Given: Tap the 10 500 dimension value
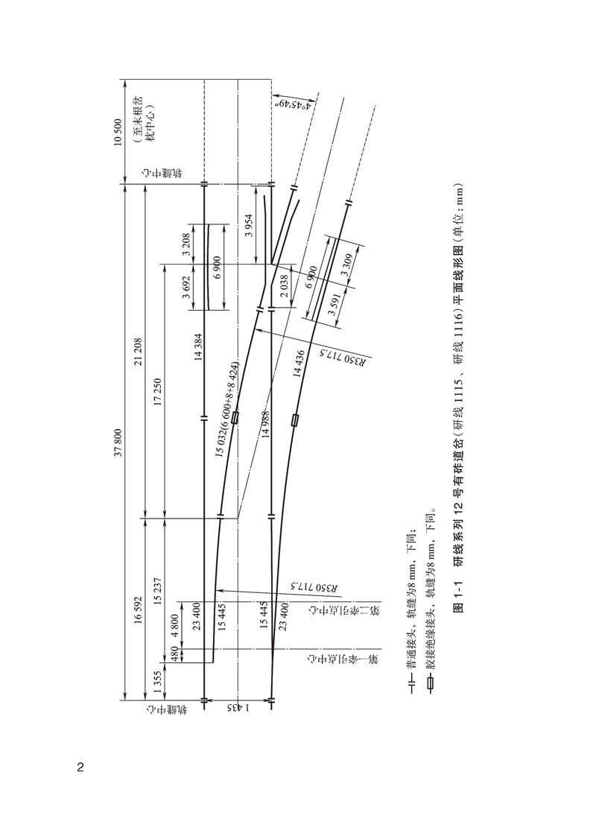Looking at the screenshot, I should point(118,132).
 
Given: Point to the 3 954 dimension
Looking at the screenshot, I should point(249,224).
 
